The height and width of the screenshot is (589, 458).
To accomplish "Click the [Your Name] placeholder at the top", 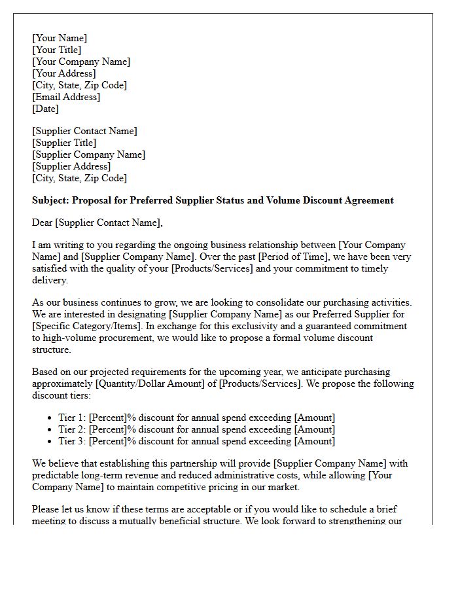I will point(60,38).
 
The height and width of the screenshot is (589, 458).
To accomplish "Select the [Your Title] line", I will point(57,50).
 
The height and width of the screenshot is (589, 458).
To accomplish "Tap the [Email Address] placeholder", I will point(66,97).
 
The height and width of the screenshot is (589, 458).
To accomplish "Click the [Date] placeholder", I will point(45,109).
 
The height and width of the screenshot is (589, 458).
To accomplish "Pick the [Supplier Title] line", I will point(64,143).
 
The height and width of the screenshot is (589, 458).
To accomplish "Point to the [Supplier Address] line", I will point(70,166).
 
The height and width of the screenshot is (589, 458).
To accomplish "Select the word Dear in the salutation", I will point(43,223).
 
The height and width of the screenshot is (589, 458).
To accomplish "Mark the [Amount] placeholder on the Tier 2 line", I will point(315,429).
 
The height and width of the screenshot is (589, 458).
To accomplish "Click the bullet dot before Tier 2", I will point(50,430).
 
